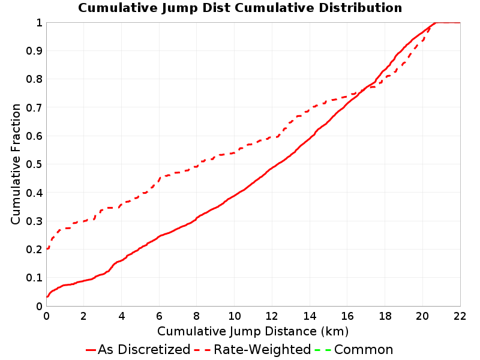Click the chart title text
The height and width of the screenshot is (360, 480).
pyautogui.click(x=240, y=8)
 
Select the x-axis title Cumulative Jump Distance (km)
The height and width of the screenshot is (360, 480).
pyautogui.click(x=253, y=331)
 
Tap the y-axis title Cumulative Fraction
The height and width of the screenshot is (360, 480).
pyautogui.click(x=16, y=164)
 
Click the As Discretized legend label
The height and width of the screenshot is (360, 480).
pyautogui.click(x=144, y=349)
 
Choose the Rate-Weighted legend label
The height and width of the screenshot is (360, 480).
pyautogui.click(x=262, y=349)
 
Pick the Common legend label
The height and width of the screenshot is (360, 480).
pyautogui.click(x=364, y=349)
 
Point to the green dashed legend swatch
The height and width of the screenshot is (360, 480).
pyautogui.click(x=323, y=350)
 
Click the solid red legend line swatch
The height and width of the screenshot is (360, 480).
pyautogui.click(x=91, y=350)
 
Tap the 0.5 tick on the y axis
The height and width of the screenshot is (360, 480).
pyautogui.click(x=34, y=164)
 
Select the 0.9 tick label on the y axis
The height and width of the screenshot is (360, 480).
pyautogui.click(x=34, y=51)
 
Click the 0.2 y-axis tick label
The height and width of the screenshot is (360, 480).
pyautogui.click(x=34, y=250)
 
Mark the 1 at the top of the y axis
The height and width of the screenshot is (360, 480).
pyautogui.click(x=39, y=23)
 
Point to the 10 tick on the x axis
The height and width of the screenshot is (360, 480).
pyautogui.click(x=235, y=316)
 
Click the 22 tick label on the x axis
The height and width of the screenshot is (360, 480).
pyautogui.click(x=460, y=316)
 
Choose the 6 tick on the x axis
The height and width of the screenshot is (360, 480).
pyautogui.click(x=159, y=316)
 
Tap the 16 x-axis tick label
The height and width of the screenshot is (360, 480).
pyautogui.click(x=347, y=316)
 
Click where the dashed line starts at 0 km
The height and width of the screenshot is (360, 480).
pyautogui.click(x=47, y=249)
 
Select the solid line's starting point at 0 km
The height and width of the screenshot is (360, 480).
pyautogui.click(x=47, y=296)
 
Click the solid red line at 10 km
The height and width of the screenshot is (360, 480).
pyautogui.click(x=235, y=195)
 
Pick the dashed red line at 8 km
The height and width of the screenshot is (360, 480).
pyautogui.click(x=197, y=166)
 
